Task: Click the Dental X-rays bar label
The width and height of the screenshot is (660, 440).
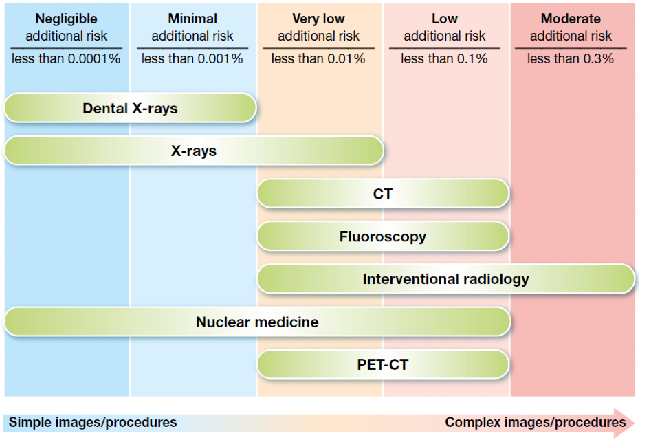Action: (x=130, y=108)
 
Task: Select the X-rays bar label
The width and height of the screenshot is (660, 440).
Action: (x=193, y=151)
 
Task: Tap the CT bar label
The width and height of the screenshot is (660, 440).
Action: (x=383, y=194)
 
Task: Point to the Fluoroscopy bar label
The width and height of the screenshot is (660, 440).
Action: (x=383, y=236)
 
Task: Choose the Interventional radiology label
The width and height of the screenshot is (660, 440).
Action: (x=445, y=278)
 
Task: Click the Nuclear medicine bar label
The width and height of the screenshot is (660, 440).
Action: (x=257, y=322)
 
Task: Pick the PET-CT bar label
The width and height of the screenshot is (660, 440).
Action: (x=383, y=364)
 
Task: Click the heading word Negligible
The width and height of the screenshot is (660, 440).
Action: (x=67, y=19)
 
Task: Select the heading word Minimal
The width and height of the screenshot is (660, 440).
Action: (x=192, y=19)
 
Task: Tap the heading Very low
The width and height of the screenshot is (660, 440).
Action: (x=318, y=19)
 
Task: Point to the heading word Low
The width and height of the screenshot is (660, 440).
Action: (x=445, y=19)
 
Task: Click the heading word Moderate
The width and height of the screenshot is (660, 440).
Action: (x=571, y=19)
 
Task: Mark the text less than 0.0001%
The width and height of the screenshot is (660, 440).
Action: (x=66, y=59)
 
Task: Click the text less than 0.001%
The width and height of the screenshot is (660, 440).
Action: (x=192, y=59)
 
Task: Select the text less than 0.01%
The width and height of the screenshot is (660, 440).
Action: (x=318, y=59)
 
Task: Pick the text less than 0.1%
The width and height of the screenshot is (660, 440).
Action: (x=445, y=59)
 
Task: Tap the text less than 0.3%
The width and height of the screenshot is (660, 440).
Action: (x=571, y=59)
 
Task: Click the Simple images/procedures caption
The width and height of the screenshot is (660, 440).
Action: (x=93, y=422)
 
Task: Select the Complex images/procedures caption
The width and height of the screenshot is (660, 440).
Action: (x=535, y=422)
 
